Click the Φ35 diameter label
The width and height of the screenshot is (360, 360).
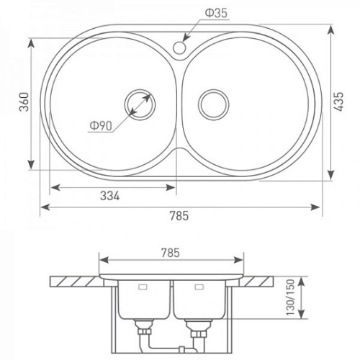[x=216, y=13]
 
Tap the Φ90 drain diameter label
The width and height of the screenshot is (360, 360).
[x=101, y=126]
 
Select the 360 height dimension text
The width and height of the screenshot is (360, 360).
[x=24, y=102]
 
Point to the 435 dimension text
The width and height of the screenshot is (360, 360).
[x=339, y=102]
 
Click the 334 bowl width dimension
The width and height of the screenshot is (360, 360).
[x=109, y=196]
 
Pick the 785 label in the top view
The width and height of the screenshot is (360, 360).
[x=179, y=215]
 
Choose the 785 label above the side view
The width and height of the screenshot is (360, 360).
[x=171, y=253]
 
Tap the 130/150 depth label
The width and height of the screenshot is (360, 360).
[x=290, y=297]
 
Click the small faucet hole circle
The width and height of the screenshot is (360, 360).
[x=179, y=48]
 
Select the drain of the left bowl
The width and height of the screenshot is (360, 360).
[x=140, y=104]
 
